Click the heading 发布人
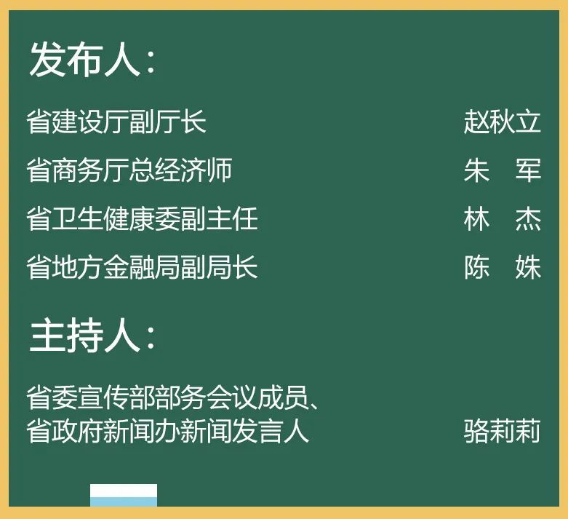84,60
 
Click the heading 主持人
84,336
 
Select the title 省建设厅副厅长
116,122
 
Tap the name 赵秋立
502,122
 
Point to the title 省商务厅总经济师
129,170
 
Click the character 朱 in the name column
476,170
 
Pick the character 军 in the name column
528,170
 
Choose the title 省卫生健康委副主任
143,219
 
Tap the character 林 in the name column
476,219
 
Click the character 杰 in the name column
528,219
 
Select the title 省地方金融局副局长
143,267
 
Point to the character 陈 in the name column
476,267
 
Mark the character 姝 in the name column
528,267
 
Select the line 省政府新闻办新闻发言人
168,431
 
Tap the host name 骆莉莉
502,431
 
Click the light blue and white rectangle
124,495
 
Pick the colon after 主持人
151,340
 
